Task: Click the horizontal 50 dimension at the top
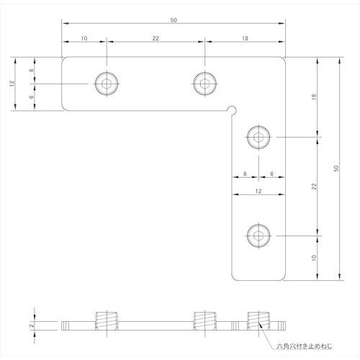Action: [x=174, y=21]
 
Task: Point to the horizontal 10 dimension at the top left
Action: [x=84, y=39]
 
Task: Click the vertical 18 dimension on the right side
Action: [x=314, y=101]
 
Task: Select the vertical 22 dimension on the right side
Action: [x=314, y=186]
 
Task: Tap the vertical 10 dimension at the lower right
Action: [x=314, y=256]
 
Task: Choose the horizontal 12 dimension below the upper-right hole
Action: [x=257, y=191]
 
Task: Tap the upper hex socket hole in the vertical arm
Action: [x=258, y=136]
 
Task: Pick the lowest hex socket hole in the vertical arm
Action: [x=258, y=234]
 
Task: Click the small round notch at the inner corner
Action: [x=230, y=109]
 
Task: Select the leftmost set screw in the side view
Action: [x=106, y=323]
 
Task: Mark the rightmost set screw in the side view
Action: [x=258, y=323]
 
